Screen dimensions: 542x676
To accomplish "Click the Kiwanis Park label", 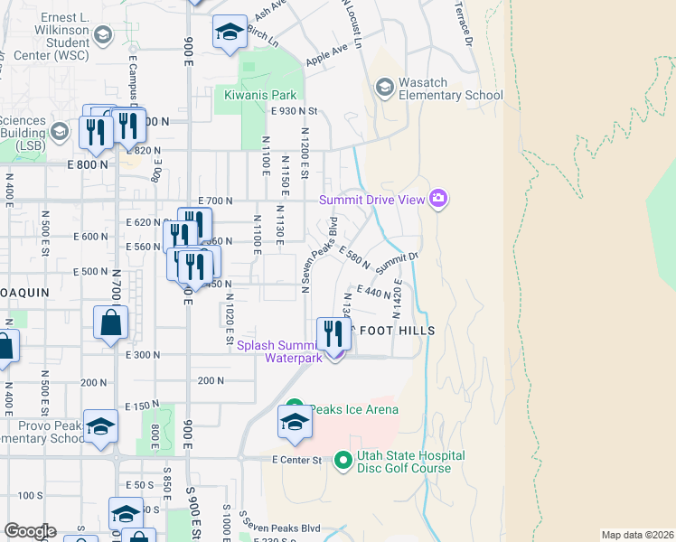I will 261,93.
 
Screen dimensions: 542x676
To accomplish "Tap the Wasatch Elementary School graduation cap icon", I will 384,87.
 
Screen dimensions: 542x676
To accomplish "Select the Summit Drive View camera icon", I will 438,198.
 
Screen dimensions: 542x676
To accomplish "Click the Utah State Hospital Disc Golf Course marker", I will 343,462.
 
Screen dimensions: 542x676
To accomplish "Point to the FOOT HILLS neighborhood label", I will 398,331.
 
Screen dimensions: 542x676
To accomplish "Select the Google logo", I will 29,531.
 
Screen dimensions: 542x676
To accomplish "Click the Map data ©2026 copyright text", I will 636,535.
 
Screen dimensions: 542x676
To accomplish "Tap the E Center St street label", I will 297,460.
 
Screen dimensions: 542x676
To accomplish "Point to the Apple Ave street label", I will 326,54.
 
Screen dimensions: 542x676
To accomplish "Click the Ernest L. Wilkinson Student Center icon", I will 102,35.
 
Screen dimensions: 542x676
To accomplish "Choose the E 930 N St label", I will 296,110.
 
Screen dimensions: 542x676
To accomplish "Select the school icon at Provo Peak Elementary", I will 100,427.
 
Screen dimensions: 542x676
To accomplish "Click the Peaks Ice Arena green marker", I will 294,408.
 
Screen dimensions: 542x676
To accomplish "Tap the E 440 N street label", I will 373,292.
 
